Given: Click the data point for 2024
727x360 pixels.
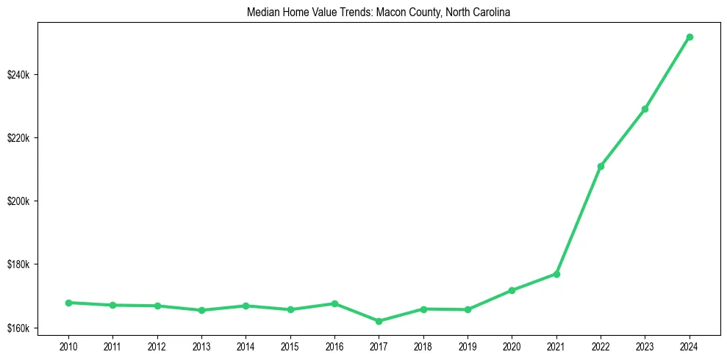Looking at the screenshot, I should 690,37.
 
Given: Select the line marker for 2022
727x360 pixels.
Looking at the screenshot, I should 601,166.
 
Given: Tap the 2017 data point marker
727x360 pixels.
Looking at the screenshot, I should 379,321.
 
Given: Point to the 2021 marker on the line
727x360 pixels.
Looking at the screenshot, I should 556,274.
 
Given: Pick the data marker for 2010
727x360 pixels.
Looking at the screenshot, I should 68,303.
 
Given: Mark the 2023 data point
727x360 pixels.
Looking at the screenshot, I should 645,109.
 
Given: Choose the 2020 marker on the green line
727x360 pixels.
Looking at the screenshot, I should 512,290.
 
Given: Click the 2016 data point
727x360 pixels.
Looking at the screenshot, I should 334,303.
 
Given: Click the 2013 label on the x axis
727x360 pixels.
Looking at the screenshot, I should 201,345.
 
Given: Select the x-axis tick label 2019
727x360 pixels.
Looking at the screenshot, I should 468,345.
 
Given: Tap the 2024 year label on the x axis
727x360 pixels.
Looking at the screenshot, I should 690,345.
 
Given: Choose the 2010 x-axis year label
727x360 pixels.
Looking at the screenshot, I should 68,345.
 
